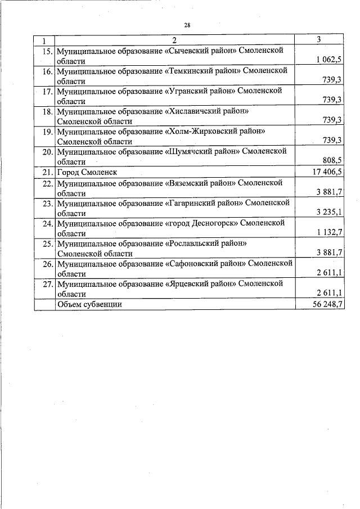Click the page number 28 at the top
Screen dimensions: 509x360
click(187, 25)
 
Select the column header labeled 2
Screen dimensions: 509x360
click(174, 40)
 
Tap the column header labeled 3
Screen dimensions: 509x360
click(319, 40)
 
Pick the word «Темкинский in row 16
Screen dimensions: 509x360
click(190, 71)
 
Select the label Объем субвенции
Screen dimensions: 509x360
click(89, 304)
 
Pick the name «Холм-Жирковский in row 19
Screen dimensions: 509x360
click(201, 132)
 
